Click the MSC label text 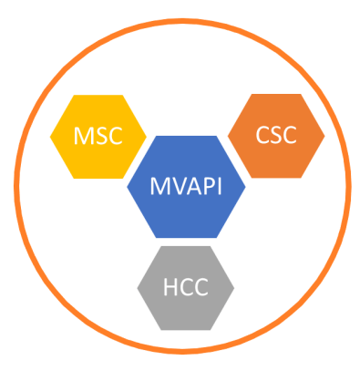point(98,138)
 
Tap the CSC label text point(275,136)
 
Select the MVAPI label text point(186,189)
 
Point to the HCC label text point(185,289)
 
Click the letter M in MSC point(83,138)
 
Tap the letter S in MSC point(98,138)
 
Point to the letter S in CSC point(275,136)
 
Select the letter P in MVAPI point(206,189)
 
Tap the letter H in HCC point(169,289)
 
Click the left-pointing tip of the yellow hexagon point(49,137)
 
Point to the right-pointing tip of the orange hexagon point(324,135)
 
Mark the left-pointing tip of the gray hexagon point(137,288)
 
